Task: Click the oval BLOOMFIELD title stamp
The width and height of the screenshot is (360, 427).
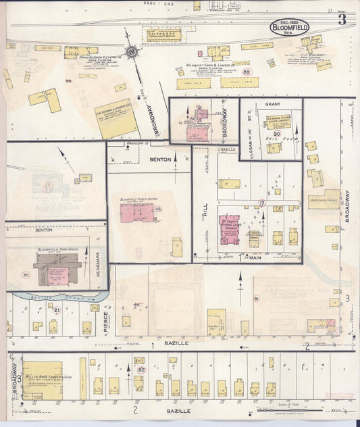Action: coord(290,27)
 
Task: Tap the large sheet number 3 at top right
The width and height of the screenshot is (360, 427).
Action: coord(342,19)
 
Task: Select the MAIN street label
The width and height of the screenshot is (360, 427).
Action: coord(255,257)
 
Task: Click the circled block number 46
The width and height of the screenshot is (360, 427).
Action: coord(158,209)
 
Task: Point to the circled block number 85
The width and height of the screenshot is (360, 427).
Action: coord(26,274)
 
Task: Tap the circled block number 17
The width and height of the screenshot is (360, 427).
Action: coord(261,203)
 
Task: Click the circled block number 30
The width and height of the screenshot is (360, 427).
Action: coord(277,134)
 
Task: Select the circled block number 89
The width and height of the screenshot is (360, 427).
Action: coord(247,72)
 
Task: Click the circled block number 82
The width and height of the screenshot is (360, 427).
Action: coord(141,370)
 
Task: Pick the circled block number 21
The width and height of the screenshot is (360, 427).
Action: coord(57,310)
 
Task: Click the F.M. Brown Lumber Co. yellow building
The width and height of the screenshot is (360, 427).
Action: coord(116,119)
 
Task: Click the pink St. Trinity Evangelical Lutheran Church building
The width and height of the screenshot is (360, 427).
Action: coord(230,228)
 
